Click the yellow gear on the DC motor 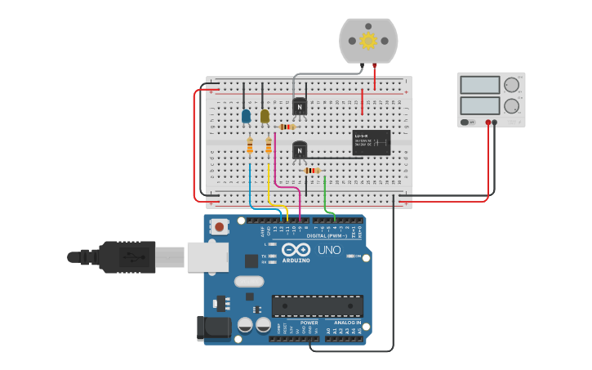[368, 41]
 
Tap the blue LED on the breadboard [246, 116]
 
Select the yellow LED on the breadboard [265, 116]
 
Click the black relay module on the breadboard [371, 142]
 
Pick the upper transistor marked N [300, 106]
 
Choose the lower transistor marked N [300, 150]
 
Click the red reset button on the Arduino [219, 227]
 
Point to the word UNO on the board [329, 250]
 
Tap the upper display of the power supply [479, 85]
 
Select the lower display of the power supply [479, 105]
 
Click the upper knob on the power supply [511, 85]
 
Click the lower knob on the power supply [511, 105]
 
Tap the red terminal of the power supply [488, 123]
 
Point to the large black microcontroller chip [318, 306]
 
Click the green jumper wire [326, 196]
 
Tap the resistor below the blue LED [250, 146]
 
